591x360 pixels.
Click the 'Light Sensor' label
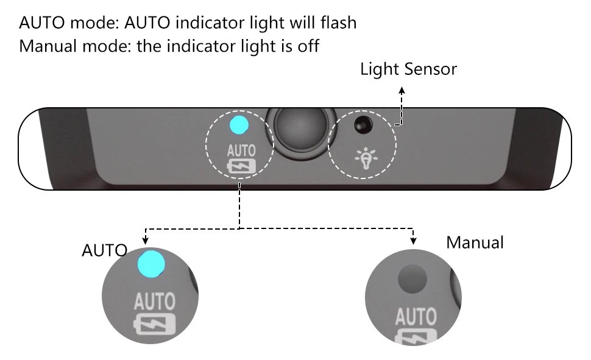pos(408,69)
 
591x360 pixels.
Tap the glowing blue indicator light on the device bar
pos(238,124)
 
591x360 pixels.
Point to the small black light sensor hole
pos(363,124)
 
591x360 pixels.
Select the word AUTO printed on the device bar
pos(241,150)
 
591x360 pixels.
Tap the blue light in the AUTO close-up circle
pos(151,264)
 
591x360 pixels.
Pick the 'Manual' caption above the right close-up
pos(475,242)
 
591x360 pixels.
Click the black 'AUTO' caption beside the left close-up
pos(104,250)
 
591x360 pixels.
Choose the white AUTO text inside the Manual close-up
pos(416,317)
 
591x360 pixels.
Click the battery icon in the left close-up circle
pos(155,325)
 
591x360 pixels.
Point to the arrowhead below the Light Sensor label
pos(402,89)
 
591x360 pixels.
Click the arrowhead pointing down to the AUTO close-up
pos(146,241)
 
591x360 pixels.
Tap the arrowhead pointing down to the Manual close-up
pos(414,241)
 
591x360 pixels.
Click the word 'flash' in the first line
pos(337,23)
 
